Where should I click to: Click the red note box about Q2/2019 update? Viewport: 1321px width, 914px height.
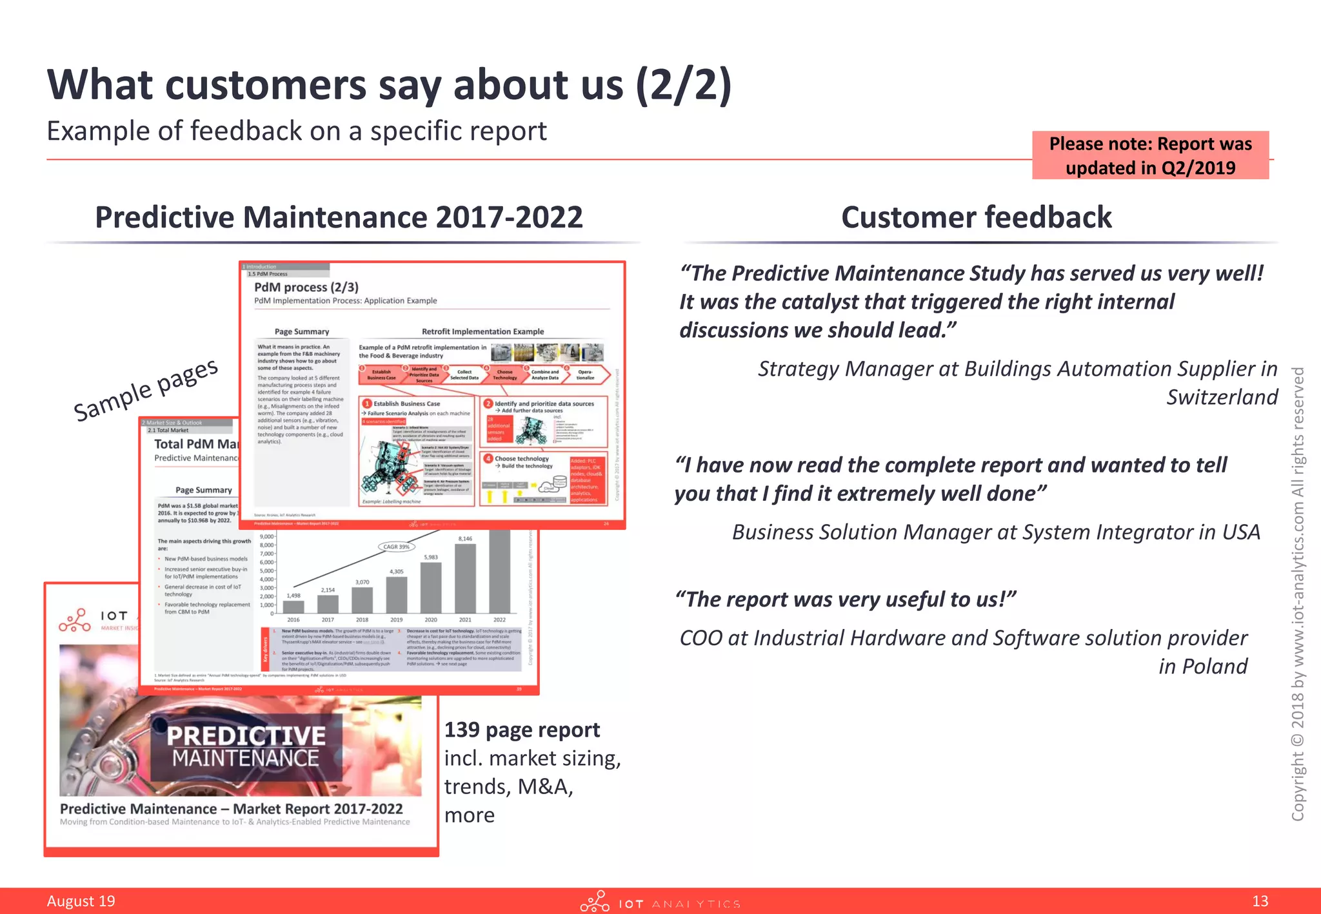point(1150,155)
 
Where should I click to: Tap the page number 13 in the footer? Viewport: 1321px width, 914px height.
point(1260,900)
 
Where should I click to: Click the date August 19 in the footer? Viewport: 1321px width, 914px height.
point(81,900)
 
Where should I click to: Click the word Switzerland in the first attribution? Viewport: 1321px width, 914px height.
point(1222,397)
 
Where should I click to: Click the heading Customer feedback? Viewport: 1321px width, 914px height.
point(977,217)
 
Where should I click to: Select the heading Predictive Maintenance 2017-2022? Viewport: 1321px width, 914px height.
point(339,217)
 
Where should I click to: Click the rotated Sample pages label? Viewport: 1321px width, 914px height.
point(146,390)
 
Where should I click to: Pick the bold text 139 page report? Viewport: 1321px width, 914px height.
point(522,730)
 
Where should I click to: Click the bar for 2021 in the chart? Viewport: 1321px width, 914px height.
point(465,578)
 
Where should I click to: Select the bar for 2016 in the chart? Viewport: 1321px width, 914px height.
point(293,607)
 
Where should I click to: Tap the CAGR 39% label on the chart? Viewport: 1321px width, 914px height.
point(396,547)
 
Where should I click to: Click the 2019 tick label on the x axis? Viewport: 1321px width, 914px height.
point(396,619)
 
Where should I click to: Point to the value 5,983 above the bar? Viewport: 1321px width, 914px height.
point(430,557)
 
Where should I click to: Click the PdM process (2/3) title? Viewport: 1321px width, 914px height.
point(306,287)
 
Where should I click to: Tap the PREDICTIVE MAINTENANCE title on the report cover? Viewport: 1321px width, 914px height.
point(246,746)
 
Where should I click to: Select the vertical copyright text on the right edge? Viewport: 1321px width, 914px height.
point(1298,593)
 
